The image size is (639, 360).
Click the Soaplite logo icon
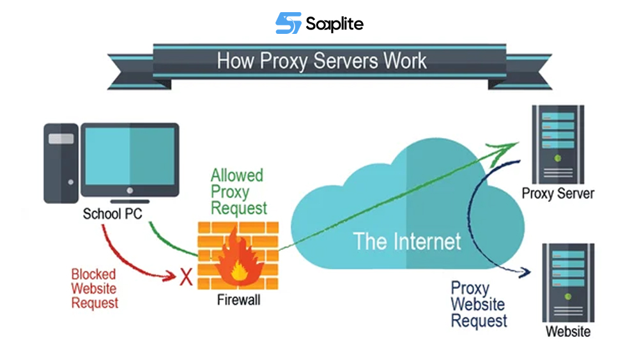tap(288, 24)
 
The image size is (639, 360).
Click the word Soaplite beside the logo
tap(334, 24)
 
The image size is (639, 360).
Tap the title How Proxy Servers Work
tap(321, 61)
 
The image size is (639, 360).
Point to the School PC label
tap(112, 214)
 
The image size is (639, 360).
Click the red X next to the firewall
tap(187, 276)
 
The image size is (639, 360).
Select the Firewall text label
tap(238, 300)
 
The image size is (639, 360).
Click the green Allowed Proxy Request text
tap(238, 191)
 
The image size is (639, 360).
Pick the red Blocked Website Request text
tap(94, 288)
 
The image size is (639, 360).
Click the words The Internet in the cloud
tap(407, 241)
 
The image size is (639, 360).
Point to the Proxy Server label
tap(558, 194)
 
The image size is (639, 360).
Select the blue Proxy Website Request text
tap(479, 304)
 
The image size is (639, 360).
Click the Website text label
tap(568, 331)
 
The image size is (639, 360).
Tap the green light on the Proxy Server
tap(558, 157)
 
